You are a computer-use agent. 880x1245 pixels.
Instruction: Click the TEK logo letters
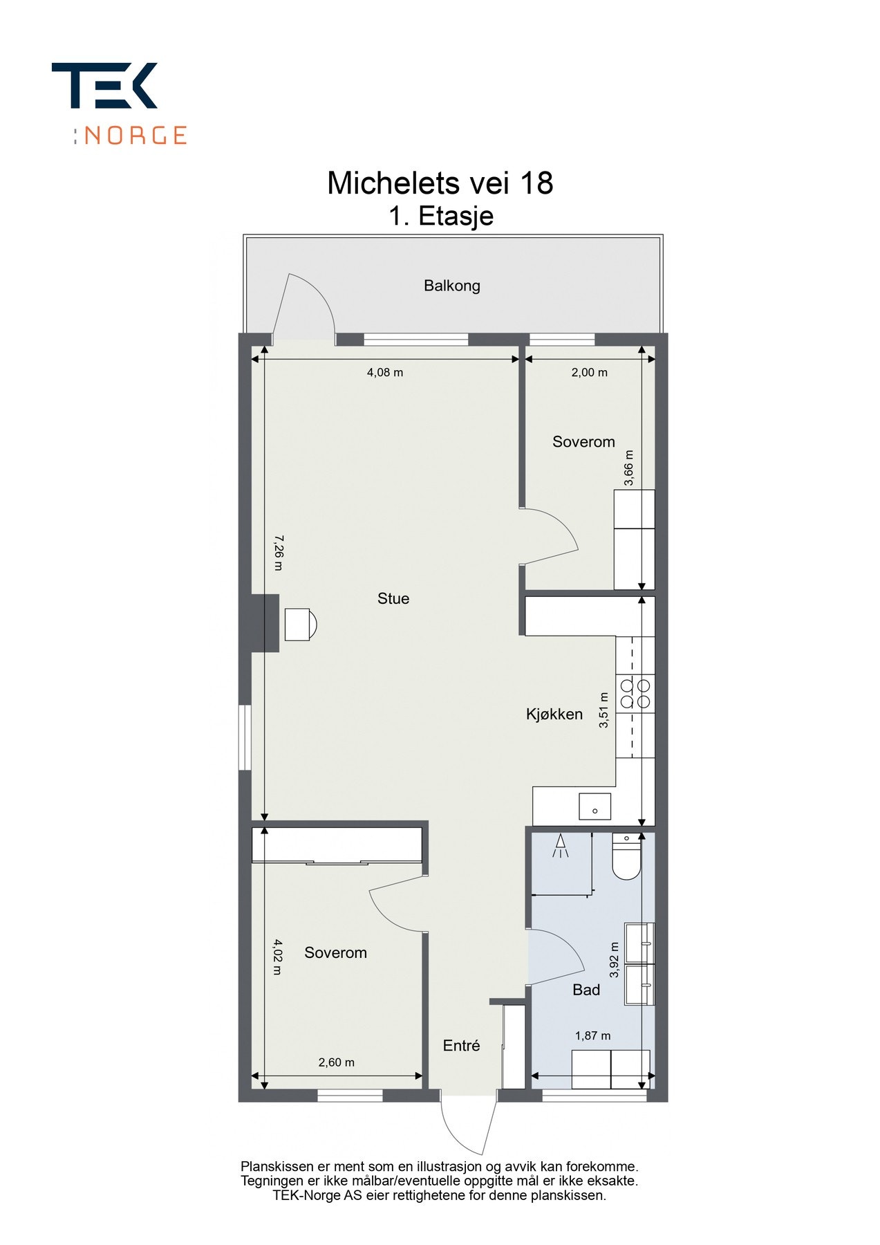coord(104,85)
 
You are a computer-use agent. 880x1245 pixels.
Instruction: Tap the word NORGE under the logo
coord(135,135)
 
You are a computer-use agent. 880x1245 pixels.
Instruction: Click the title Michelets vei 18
coord(440,183)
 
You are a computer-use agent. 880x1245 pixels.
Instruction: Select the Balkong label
coord(452,286)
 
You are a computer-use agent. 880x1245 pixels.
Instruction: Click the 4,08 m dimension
coord(385,372)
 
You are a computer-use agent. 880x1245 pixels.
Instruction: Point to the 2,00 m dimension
coord(590,372)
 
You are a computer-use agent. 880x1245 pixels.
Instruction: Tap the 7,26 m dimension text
coord(278,553)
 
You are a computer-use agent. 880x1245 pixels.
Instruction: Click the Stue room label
coord(393,598)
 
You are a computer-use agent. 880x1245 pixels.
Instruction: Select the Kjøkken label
coord(554,714)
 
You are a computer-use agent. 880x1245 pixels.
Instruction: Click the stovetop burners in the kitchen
coord(635,694)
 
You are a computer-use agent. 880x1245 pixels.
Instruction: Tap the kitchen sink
coord(595,806)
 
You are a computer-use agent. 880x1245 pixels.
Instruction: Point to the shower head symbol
coord(561,846)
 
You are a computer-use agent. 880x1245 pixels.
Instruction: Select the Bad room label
coord(586,990)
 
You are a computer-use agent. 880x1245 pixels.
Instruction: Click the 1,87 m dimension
coord(593,1035)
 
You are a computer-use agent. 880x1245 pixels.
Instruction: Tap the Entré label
coord(462,1045)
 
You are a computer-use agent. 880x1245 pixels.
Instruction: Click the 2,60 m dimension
coord(337,1062)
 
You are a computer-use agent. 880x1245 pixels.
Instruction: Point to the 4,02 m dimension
coord(278,957)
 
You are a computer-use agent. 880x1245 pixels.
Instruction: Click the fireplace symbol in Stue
coord(300,625)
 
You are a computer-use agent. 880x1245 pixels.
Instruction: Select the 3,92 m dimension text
coord(614,959)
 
